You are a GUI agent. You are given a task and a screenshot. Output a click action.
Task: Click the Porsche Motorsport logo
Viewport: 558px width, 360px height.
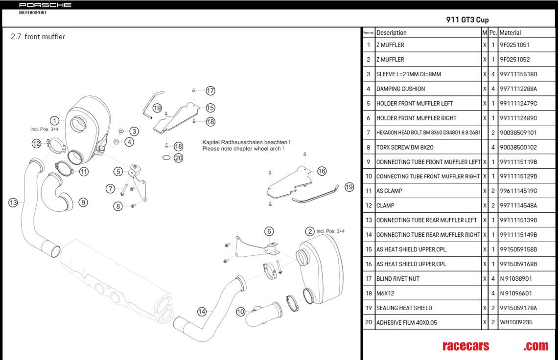coord(45,7)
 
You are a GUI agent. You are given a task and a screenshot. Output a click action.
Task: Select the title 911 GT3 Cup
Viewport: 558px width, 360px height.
coord(467,20)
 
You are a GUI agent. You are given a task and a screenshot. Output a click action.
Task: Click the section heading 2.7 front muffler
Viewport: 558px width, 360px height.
coord(38,37)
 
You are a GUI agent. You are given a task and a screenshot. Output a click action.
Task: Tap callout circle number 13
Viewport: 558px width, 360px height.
coord(13,202)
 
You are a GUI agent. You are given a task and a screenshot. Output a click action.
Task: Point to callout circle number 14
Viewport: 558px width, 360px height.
coord(202,311)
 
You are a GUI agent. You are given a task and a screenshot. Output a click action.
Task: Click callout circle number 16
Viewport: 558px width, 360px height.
coord(322,171)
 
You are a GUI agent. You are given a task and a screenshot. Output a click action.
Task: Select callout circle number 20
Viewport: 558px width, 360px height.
coord(178,158)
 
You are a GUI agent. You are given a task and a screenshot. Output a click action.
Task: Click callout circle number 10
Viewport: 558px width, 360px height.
coord(240,311)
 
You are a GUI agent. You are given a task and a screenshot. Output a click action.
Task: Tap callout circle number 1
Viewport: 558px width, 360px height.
coord(55,120)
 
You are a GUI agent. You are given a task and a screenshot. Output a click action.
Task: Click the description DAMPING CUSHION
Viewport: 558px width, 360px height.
coord(400,89)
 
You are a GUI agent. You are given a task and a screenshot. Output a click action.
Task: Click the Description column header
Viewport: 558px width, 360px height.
coord(392,33)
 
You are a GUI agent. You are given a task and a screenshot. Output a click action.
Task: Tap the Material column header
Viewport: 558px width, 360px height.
coord(510,33)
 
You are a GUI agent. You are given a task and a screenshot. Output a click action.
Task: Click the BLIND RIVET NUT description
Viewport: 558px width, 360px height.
coord(397,279)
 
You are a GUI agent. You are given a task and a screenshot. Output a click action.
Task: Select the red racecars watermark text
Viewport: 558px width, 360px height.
coord(465,346)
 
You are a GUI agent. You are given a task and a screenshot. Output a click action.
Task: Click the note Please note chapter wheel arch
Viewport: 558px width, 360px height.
coord(243,149)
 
